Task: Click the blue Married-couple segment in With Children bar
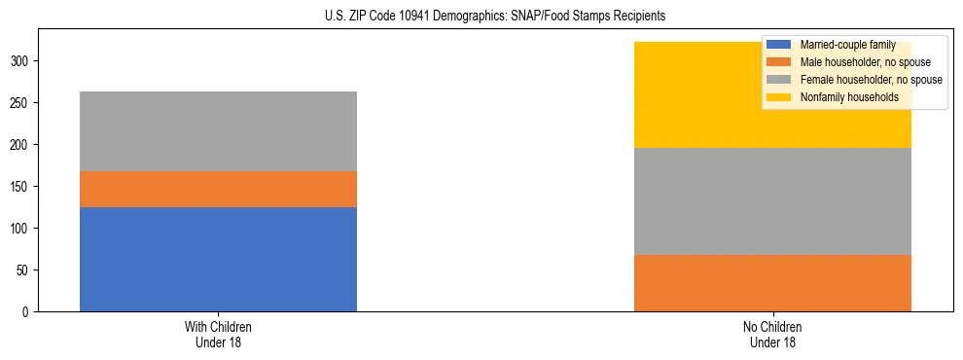218,259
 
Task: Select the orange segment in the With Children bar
218,189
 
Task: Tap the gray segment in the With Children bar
218,131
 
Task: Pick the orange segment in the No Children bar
772,283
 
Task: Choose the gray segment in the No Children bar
772,201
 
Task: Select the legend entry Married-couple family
844,45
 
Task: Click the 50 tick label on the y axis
25,270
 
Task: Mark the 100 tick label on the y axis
22,229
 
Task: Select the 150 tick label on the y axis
22,187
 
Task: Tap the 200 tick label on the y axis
22,145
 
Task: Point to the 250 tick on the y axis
22,103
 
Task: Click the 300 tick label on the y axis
22,61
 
